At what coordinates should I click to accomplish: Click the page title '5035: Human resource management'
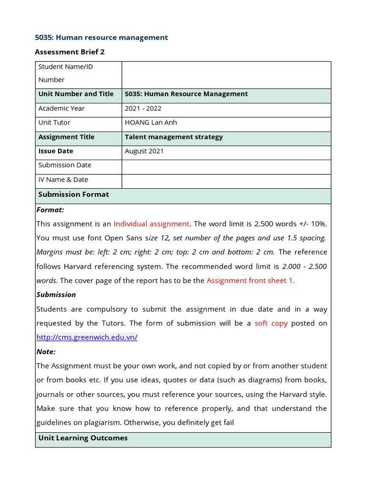point(102,38)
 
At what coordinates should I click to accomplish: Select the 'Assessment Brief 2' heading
point(70,52)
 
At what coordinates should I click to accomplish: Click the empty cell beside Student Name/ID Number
point(226,75)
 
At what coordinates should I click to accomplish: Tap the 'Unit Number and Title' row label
point(76,94)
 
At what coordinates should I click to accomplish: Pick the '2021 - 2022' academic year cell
point(143,108)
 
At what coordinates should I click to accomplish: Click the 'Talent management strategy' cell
point(173,137)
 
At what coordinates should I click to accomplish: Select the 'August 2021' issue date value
point(144,151)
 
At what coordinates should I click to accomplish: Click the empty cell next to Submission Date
point(226,167)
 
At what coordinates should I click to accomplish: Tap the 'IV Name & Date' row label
point(63,180)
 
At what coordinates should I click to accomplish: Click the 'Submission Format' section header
point(73,194)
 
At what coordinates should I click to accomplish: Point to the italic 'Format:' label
point(50,210)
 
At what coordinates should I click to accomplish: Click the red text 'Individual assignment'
point(151,224)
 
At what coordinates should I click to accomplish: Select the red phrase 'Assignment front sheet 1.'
point(250,281)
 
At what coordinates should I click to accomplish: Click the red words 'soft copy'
point(271,323)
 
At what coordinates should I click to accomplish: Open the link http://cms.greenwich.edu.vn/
point(87,337)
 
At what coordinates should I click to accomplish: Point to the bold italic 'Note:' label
point(46,352)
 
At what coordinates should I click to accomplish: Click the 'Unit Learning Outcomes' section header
point(82,438)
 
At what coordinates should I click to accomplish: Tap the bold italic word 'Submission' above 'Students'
point(56,295)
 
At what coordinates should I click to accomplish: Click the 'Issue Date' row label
point(56,151)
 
